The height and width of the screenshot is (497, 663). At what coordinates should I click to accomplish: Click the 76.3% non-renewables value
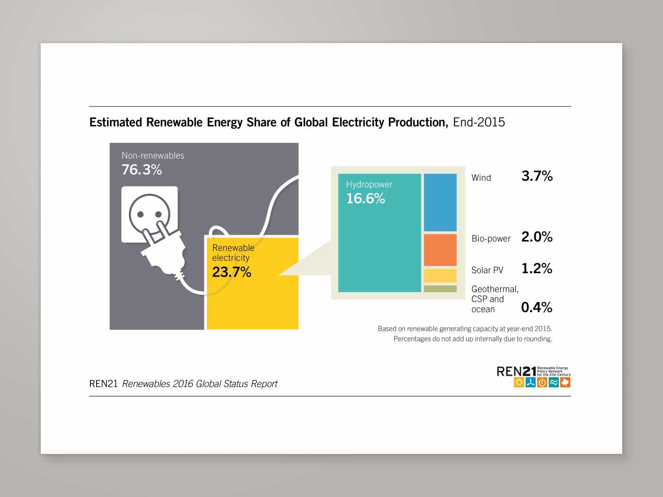(142, 169)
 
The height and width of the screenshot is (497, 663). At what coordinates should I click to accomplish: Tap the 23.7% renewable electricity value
(232, 272)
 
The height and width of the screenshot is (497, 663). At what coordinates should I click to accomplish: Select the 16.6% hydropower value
(366, 198)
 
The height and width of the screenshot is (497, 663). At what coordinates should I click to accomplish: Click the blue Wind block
(440, 202)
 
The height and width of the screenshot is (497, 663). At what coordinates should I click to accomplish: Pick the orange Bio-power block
(440, 250)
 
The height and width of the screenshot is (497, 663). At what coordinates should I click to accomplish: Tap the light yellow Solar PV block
(440, 275)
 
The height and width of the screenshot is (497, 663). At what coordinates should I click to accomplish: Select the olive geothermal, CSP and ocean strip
(440, 289)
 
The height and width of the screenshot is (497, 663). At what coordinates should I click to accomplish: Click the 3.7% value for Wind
(537, 176)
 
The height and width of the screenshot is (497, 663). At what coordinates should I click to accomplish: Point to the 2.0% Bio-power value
(537, 237)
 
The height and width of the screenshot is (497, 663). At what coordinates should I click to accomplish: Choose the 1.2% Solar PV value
(537, 268)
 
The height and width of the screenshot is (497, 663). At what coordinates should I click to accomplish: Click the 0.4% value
(537, 308)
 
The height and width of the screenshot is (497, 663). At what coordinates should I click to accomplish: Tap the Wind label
(481, 178)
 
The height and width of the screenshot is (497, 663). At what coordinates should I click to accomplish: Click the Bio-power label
(491, 239)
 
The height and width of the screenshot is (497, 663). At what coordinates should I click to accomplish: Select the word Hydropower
(369, 185)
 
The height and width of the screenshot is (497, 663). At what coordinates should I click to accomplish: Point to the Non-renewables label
(153, 155)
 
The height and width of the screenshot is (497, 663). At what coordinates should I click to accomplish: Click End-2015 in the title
(479, 122)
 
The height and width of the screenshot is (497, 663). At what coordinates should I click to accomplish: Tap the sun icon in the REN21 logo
(519, 382)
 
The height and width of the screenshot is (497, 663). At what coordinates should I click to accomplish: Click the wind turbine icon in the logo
(531, 382)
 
